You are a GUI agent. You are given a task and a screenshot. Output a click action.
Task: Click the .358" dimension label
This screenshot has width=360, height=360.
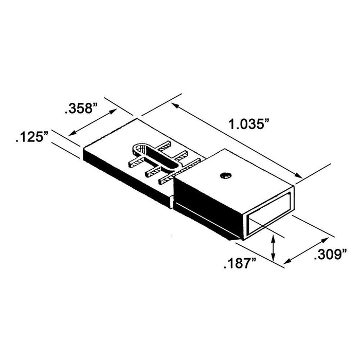pos(81,109)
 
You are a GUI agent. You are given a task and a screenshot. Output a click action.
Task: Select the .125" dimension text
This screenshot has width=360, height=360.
pos(32,137)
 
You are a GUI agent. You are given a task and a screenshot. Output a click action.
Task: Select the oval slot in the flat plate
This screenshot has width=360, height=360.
pos(154,157)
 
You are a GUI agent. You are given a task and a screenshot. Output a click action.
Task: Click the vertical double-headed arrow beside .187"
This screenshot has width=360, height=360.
pos(272,247)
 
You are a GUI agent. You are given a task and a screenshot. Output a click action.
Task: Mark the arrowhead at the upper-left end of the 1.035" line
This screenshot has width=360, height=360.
pos(175,106)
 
